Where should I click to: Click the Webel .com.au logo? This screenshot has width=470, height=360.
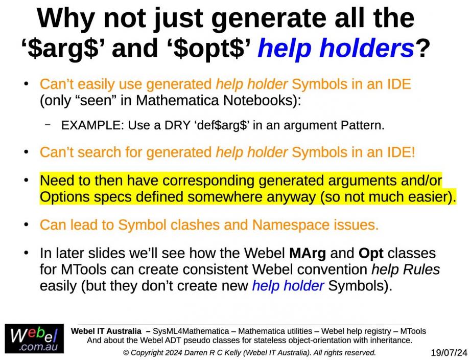click(34, 339)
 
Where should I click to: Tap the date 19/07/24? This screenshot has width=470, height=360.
click(449, 352)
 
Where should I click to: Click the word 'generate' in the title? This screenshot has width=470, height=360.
click(269, 18)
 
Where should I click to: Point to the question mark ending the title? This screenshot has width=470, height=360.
click(422, 48)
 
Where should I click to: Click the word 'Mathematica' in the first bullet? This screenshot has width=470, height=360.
click(177, 100)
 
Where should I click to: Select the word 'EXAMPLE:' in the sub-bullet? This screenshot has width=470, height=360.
click(92, 125)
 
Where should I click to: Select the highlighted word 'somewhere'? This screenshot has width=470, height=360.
click(224, 197)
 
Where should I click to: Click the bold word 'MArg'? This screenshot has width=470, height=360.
click(307, 253)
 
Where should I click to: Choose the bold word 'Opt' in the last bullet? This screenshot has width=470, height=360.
click(371, 254)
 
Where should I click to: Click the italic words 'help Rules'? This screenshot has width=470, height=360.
click(406, 269)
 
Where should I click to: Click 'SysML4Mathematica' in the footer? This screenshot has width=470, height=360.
click(191, 331)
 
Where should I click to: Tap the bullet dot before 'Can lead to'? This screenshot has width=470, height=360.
click(27, 224)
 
